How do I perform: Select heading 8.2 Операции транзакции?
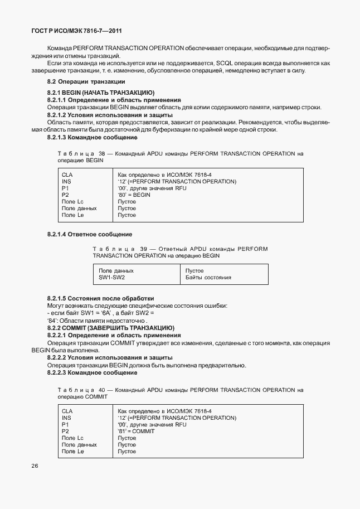[85, 82]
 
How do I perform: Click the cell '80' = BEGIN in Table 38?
[134, 195]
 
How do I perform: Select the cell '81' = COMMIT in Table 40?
[136, 432]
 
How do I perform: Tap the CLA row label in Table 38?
[67, 175]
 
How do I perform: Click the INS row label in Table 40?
[66, 418]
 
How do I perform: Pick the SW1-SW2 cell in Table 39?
[111, 277]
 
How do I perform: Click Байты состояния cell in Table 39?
[208, 277]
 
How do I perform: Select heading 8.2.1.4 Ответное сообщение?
[89, 234]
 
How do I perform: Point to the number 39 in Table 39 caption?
[144, 249]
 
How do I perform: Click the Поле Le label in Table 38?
[72, 215]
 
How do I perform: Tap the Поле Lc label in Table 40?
[72, 438]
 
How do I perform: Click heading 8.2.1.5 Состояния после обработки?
[100, 299]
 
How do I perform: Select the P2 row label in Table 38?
[65, 195]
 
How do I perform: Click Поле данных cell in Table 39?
[116, 270]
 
